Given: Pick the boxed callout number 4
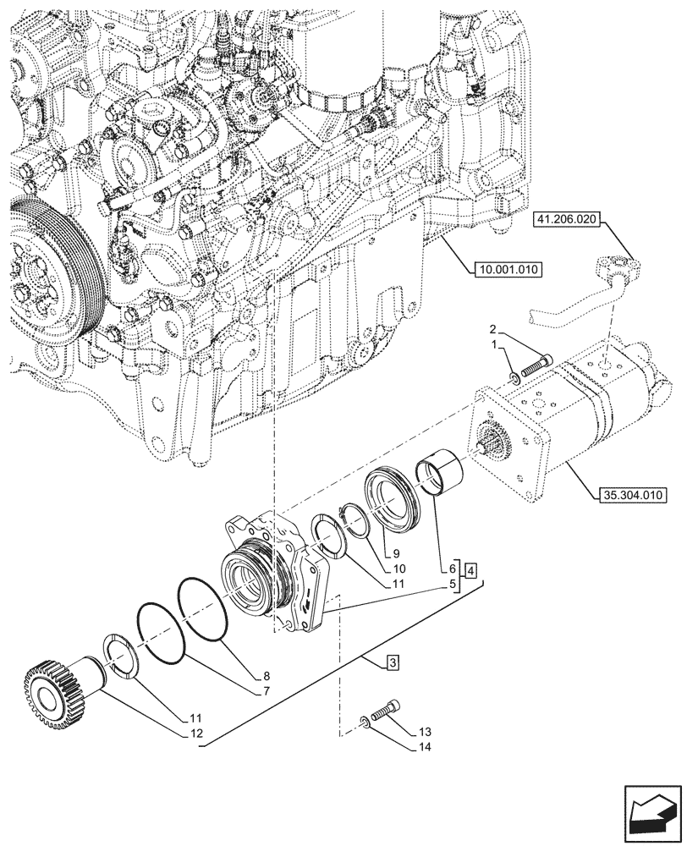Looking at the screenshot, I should pos(470,569).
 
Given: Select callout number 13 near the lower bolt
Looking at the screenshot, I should pos(424,731).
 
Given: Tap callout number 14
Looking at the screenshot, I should pos(424,747).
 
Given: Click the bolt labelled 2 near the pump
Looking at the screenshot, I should pos(531,366).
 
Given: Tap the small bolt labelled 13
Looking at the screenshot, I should pos(387,710).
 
